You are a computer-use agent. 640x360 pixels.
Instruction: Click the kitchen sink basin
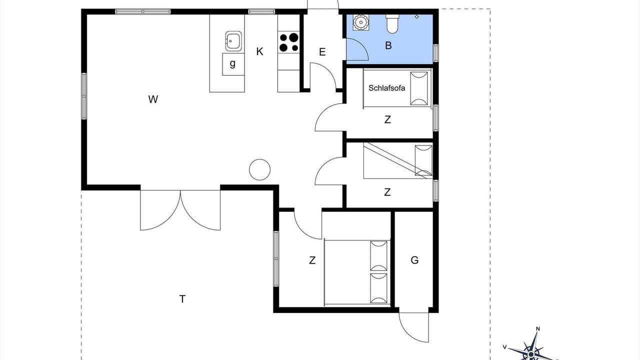tap(233, 41)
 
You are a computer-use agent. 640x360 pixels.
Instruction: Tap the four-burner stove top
tap(288, 42)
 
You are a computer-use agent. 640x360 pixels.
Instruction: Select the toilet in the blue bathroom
tap(392, 23)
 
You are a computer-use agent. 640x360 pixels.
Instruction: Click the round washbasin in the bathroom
tap(361, 22)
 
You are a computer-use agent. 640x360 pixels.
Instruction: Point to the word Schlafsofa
tap(386, 88)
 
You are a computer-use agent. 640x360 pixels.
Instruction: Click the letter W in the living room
tap(153, 99)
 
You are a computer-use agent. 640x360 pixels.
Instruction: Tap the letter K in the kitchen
tap(259, 51)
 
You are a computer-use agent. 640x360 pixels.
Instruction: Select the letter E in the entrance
tap(322, 52)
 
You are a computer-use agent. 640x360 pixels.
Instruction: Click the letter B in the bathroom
tap(388, 45)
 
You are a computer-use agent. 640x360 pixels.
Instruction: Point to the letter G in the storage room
tap(414, 260)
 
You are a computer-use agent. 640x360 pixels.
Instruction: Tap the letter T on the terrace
tap(182, 299)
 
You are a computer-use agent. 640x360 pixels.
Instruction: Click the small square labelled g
tap(233, 64)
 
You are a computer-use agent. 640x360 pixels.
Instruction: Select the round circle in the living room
tap(259, 169)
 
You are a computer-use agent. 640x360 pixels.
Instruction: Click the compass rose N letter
tap(537, 328)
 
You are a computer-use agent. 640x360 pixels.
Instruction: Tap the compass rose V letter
tap(505, 347)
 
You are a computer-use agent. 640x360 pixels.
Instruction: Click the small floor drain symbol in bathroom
tap(417, 17)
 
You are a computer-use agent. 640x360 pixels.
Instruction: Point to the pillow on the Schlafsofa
tap(419, 88)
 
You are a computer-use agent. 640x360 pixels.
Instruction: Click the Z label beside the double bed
tap(312, 260)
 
